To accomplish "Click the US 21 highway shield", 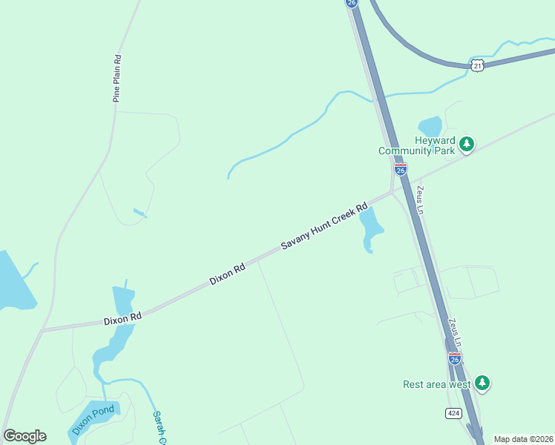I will pyautogui.click(x=479, y=65).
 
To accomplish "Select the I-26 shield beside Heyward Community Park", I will pyautogui.click(x=400, y=170).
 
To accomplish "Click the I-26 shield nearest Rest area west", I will pyautogui.click(x=455, y=358).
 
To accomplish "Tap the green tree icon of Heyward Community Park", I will pyautogui.click(x=467, y=144).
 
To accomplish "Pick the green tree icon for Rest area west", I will pyautogui.click(x=483, y=383).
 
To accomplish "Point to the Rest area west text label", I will pyautogui.click(x=437, y=384).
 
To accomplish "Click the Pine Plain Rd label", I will pyautogui.click(x=116, y=78).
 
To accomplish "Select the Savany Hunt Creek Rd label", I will pyautogui.click(x=324, y=227).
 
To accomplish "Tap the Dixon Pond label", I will pyautogui.click(x=93, y=421).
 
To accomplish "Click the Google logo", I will pyautogui.click(x=24, y=436).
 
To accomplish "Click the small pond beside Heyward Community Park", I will pyautogui.click(x=430, y=125).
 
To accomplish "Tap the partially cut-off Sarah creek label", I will pyautogui.click(x=158, y=428).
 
